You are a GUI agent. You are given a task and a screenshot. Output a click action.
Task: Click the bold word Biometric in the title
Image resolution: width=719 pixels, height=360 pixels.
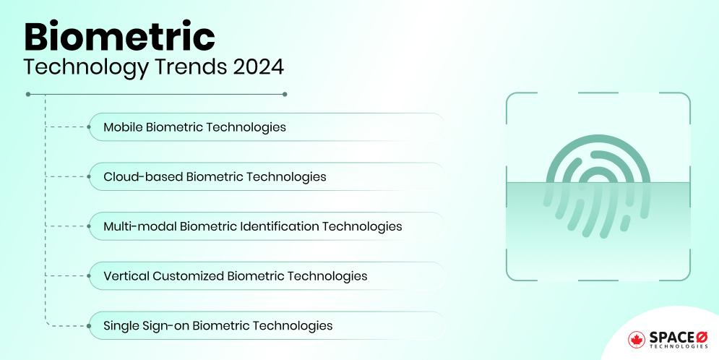tap(120, 36)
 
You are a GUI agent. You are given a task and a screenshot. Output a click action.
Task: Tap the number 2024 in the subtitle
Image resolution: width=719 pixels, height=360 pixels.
tap(259, 67)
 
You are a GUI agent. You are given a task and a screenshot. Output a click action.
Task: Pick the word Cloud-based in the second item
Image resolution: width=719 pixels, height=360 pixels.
tap(143, 176)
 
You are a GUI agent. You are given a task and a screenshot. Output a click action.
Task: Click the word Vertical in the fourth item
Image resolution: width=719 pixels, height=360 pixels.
tap(126, 276)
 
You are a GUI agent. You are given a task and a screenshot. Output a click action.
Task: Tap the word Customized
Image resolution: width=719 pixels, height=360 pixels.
tap(188, 276)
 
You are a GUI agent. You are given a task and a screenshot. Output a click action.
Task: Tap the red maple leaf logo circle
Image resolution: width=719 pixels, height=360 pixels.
tap(637, 340)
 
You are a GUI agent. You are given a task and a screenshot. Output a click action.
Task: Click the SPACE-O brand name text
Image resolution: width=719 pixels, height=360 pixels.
tap(679, 338)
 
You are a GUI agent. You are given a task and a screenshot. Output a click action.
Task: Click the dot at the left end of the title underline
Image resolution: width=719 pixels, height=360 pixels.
tap(28, 94)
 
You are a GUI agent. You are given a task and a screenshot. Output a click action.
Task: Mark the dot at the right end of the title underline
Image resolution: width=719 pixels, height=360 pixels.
tap(285, 94)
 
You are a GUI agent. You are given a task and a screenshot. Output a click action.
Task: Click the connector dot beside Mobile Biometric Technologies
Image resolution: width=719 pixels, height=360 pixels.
tap(89, 127)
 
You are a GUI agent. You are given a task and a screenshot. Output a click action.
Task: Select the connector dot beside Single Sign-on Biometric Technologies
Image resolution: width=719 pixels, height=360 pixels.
tap(89, 326)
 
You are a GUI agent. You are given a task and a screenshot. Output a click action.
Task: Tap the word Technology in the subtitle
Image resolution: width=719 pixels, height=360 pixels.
tap(86, 68)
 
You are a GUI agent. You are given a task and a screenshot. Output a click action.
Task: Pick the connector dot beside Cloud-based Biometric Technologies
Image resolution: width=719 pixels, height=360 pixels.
tap(89, 176)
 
